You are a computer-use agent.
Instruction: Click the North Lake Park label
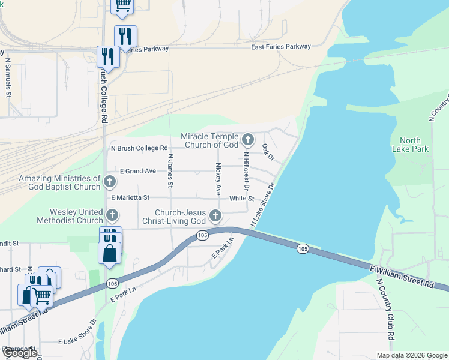pos(410,145)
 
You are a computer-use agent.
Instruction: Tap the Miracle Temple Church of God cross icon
pos(248,141)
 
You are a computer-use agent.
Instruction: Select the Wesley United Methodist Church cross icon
pos(112,215)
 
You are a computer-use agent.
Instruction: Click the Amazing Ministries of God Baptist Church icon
pos(109,181)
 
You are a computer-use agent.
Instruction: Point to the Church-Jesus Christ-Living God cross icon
pos(214,216)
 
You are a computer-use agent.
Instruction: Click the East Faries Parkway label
pos(281,47)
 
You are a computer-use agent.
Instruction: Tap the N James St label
pos(170,171)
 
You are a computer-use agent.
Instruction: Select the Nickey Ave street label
pos(218,179)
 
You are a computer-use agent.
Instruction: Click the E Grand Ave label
pos(137,171)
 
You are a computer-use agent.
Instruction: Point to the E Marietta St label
pos(130,197)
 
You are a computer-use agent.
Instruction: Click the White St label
pos(242,198)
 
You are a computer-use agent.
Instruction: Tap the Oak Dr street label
pos(268,152)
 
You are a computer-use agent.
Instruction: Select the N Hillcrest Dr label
pos(245,172)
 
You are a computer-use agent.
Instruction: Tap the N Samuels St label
pos(8,77)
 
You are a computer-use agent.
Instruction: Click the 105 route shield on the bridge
pos(303,248)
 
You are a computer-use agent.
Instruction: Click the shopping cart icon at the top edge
pos(122,5)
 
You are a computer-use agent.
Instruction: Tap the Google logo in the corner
pos(19,353)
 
